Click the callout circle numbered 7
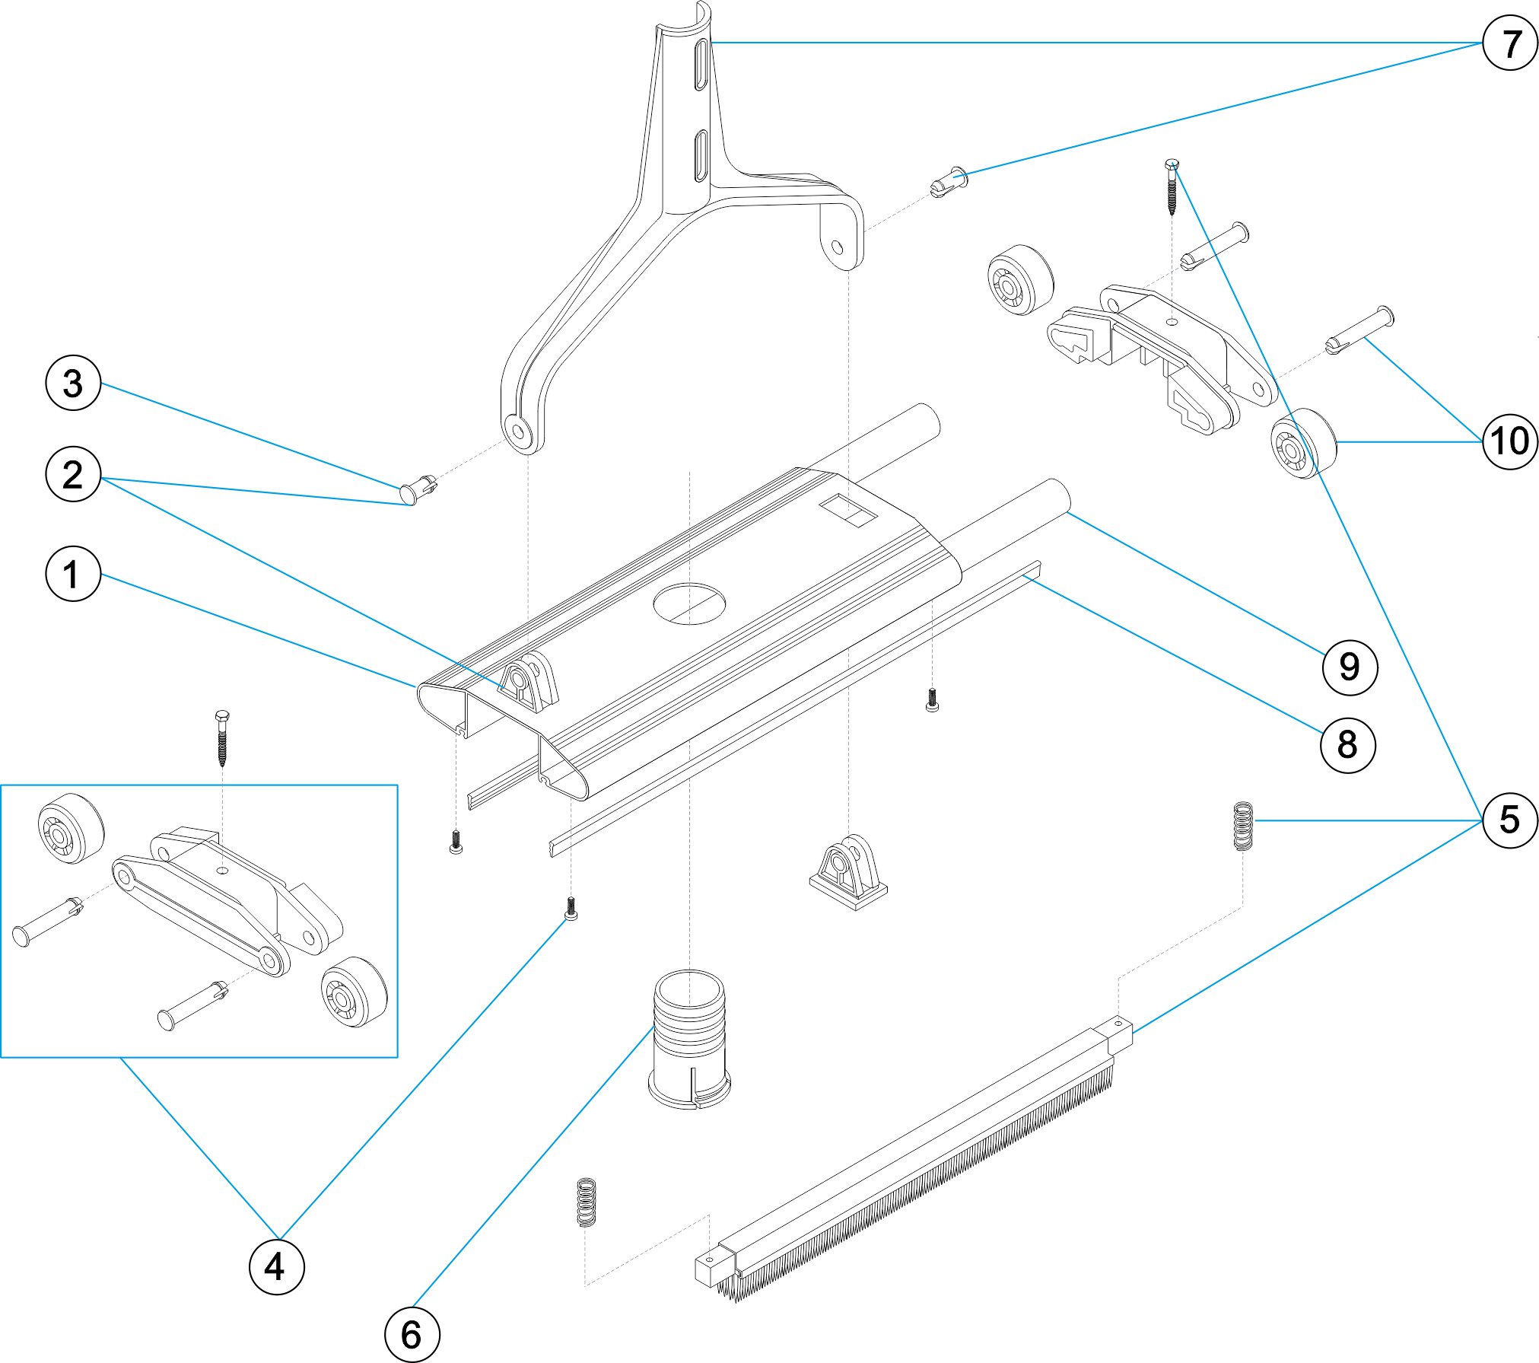click(x=1510, y=43)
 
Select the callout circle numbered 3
click(x=73, y=383)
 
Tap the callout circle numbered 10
click(x=1510, y=441)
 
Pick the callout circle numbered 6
click(x=412, y=1334)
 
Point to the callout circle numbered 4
click(x=277, y=1266)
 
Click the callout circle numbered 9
click(x=1350, y=667)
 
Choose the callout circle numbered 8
click(x=1347, y=745)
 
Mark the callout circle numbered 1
click(x=73, y=574)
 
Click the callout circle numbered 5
click(x=1510, y=820)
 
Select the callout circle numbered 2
click(x=73, y=474)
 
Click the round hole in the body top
click(x=689, y=603)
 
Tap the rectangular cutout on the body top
click(x=848, y=509)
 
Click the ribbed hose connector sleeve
click(x=689, y=1038)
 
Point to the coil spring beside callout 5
click(x=1242, y=826)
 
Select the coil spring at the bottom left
click(x=585, y=1202)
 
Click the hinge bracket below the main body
click(x=847, y=872)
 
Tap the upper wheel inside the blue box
click(x=71, y=829)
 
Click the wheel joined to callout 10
click(x=1303, y=444)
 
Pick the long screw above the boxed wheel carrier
click(x=222, y=737)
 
